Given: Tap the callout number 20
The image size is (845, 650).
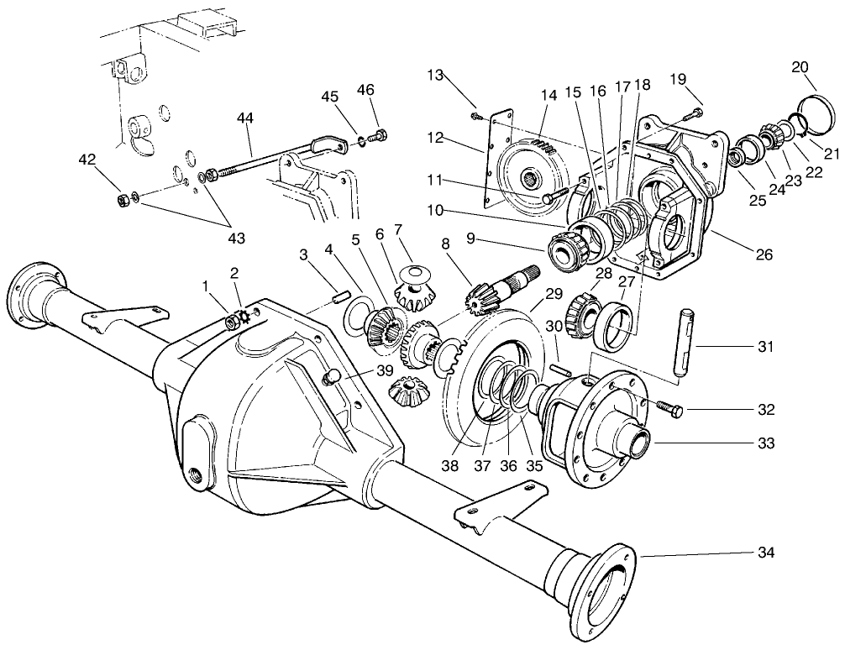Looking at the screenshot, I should (x=800, y=67).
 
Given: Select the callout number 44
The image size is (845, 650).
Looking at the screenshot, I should (x=245, y=119).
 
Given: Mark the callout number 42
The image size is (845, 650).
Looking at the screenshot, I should (x=87, y=160).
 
